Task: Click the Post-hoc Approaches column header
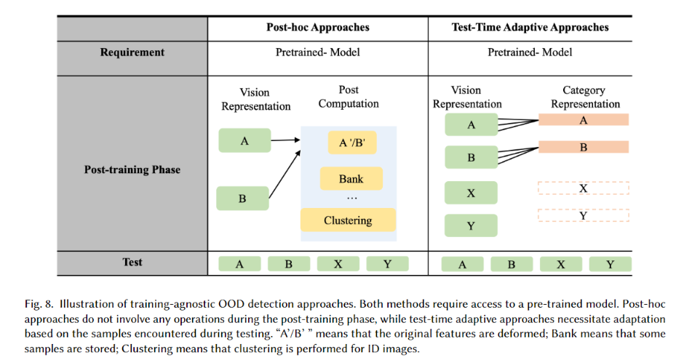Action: click(317, 28)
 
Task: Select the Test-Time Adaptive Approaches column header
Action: click(530, 28)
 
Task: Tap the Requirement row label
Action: click(132, 52)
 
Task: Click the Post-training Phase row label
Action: click(132, 169)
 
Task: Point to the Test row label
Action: click(132, 263)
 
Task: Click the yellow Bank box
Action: click(350, 179)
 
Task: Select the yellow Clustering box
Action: click(348, 220)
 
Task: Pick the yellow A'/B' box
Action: click(351, 143)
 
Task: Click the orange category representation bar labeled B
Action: click(583, 147)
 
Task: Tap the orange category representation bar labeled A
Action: click(583, 121)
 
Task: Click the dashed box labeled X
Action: click(583, 188)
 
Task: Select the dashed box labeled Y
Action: click(583, 216)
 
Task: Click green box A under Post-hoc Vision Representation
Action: click(244, 141)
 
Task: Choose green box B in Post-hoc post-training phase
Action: click(242, 198)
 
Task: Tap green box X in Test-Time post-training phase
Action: click(471, 193)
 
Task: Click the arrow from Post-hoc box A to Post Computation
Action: click(286, 140)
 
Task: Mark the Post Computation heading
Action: click(349, 97)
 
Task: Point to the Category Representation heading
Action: click(584, 97)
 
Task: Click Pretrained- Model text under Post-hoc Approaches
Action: click(317, 52)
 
